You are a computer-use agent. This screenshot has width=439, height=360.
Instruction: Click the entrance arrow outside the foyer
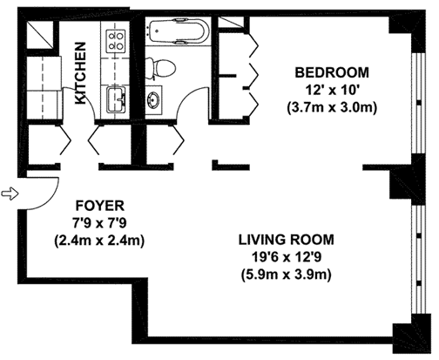[x=10, y=194]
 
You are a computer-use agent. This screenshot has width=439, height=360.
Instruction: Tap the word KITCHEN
[x=80, y=73]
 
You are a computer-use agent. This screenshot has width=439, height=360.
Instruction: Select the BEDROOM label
[x=332, y=72]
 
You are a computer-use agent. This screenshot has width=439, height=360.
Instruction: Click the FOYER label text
[x=100, y=206]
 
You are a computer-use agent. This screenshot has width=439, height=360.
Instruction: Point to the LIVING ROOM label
[x=287, y=240]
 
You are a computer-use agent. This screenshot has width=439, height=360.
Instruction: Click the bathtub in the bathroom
[x=177, y=31]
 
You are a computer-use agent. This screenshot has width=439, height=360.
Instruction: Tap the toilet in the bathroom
[x=160, y=68]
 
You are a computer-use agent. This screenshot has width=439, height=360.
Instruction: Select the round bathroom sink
[x=153, y=99]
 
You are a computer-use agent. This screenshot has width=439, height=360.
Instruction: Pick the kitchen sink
[x=117, y=99]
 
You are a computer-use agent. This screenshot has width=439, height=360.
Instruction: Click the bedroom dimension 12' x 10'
[x=332, y=91]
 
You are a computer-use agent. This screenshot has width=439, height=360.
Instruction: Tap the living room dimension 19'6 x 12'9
[x=287, y=257]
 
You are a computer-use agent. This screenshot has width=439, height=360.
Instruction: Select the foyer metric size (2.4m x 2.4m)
[x=100, y=241]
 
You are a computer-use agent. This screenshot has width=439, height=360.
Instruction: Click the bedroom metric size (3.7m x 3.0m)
[x=332, y=108]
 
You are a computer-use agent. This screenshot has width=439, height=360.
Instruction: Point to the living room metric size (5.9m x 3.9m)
[x=287, y=275]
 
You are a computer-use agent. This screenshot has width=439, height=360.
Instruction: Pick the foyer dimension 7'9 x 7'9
[x=100, y=223]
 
